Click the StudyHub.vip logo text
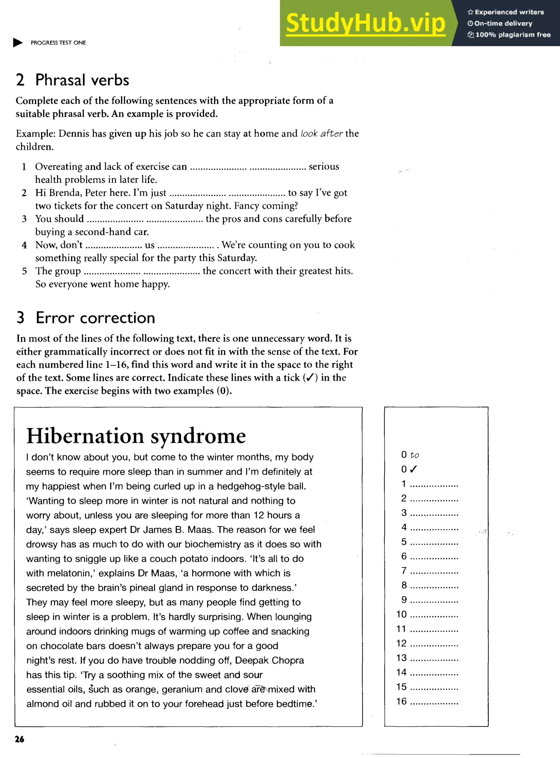[365, 24]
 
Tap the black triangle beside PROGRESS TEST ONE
[17, 43]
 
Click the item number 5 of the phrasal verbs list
[24, 271]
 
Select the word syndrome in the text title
[198, 437]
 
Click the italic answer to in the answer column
[414, 455]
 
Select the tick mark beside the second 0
[413, 469]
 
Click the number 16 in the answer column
[401, 701]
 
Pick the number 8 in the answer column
[404, 585]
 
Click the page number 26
[20, 739]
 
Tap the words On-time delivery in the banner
[503, 24]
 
